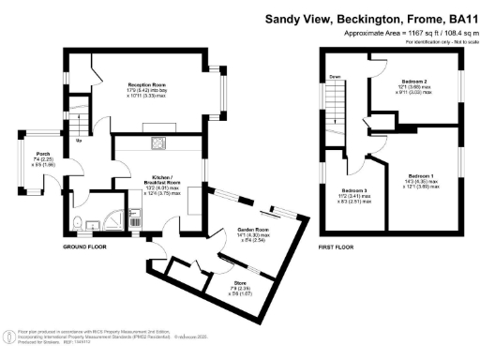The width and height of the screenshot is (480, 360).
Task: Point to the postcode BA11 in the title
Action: tap(457, 17)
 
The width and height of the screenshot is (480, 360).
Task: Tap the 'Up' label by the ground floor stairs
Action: tap(79, 141)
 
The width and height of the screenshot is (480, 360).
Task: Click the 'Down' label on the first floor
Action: tap(333, 78)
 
